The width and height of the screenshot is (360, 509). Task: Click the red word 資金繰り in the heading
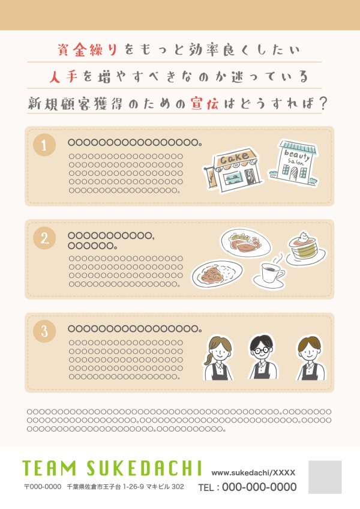pos(88,50)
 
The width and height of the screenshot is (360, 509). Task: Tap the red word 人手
pos(64,77)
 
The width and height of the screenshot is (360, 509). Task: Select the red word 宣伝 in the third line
pos(205,104)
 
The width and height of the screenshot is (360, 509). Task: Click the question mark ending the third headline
pos(322,104)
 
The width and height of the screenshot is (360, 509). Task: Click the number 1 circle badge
pos(44,145)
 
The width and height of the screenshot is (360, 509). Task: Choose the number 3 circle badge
pos(44,331)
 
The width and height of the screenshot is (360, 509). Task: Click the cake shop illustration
pos(233,170)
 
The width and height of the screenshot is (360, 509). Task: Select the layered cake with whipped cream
pos(305,248)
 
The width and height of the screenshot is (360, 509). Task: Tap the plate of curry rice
pos(217,274)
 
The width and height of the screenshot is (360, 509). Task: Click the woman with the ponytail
pos(218,358)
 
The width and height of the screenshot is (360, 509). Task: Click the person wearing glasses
pos(262,357)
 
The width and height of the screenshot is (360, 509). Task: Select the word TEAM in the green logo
pos(49,468)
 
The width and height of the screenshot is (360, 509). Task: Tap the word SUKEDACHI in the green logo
pos(145,468)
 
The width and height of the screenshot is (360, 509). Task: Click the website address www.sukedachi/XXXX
pos(253,472)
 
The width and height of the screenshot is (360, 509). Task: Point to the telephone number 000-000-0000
pos(259,487)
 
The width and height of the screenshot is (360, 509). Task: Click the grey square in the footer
pos(325,477)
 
